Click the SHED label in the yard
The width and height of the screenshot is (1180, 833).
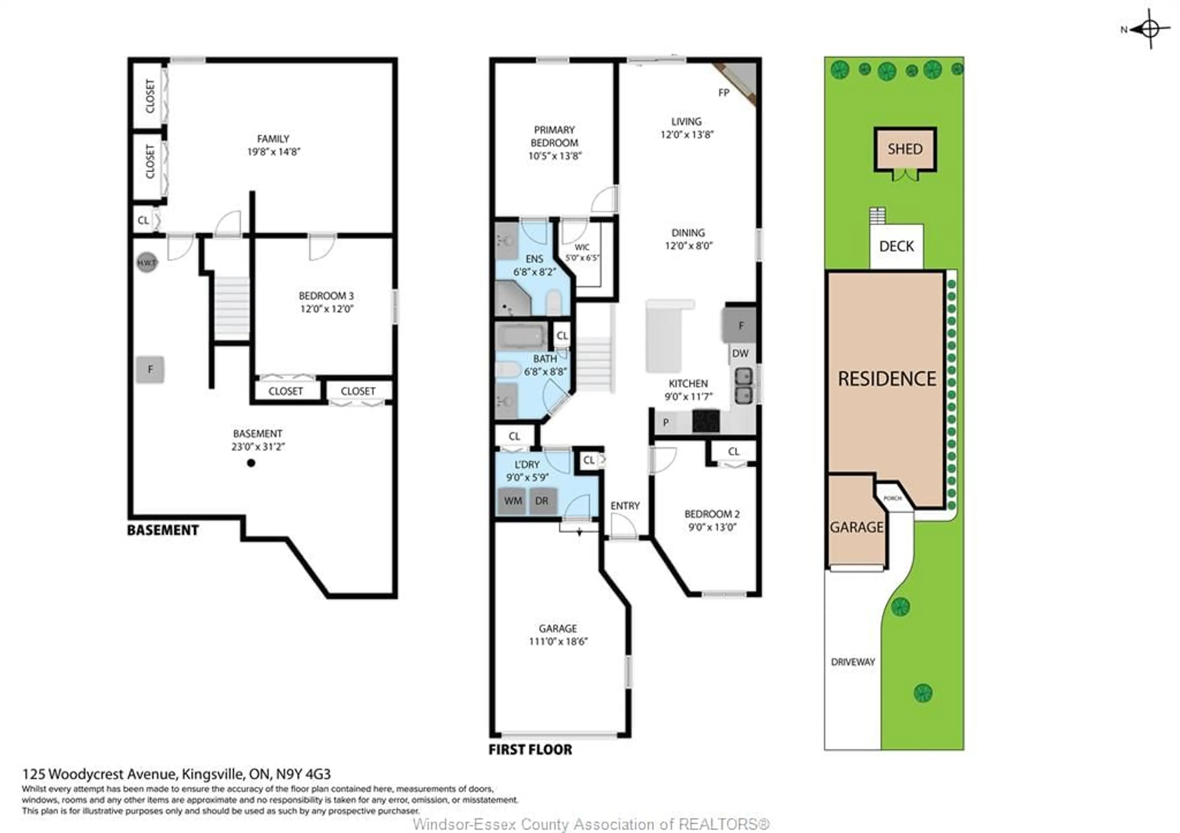tap(905, 149)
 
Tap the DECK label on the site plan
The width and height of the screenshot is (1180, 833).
tap(896, 246)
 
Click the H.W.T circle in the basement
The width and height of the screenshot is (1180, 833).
tap(147, 263)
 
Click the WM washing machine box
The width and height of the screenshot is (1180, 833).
tap(512, 501)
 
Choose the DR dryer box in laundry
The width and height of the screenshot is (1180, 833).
tap(542, 501)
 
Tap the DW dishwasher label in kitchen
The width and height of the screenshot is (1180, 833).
tap(740, 354)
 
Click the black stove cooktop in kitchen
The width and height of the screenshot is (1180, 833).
tap(706, 421)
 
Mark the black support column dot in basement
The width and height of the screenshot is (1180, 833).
tap(251, 463)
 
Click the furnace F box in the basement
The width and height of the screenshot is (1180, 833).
tap(150, 369)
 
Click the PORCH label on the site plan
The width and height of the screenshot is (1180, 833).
tap(893, 498)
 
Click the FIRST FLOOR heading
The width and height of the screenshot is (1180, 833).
tap(530, 750)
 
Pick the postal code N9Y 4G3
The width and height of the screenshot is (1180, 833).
tap(303, 774)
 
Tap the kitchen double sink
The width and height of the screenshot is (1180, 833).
tap(743, 385)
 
